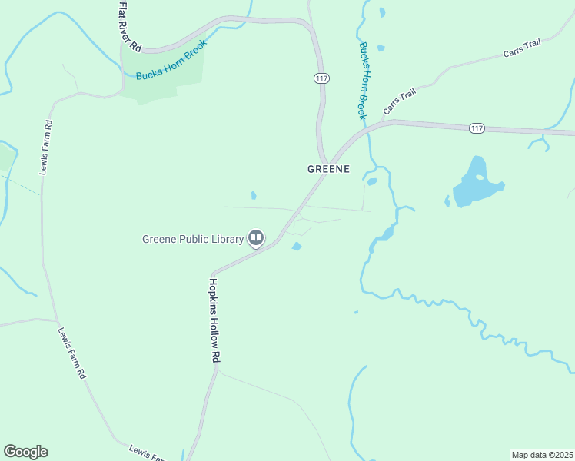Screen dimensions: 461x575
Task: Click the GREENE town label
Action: pos(328,168)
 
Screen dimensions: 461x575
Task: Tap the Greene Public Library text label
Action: pos(192,238)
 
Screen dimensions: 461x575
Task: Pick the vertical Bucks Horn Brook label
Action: pos(364,80)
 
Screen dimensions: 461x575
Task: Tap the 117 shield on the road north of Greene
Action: pos(321,78)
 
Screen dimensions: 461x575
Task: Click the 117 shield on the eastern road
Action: pos(477,128)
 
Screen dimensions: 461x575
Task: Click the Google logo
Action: pos(25,452)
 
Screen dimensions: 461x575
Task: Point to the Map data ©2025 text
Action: pos(542,454)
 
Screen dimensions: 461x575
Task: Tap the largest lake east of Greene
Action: pos(474,184)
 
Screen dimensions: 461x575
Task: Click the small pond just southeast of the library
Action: pos(296,247)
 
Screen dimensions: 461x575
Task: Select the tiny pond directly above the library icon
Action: pos(254,195)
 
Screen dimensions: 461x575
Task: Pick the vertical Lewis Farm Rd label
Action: pos(46,148)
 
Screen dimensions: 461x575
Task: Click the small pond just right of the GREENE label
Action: pos(372,182)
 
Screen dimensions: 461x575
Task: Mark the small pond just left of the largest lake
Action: pos(447,201)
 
